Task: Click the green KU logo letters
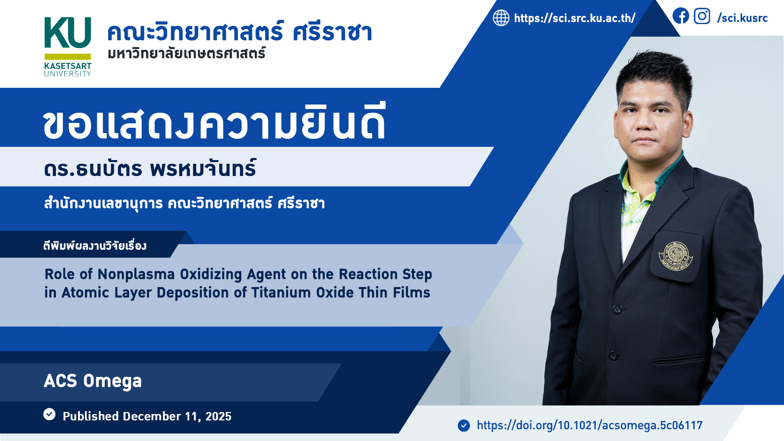pos(67,33)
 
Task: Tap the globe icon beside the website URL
pos(501,18)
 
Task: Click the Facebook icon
pos(681,16)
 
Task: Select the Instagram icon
pos(702,16)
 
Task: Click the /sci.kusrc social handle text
pos(742,18)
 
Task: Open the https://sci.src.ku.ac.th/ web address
pos(575,18)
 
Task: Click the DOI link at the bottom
pos(590,425)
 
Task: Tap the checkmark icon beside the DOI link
pos(464,425)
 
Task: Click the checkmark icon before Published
pos(49,414)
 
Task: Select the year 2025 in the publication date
pos(218,416)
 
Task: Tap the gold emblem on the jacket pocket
pos(676,256)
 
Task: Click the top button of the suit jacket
pos(617,309)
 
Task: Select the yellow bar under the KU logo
pos(68,57)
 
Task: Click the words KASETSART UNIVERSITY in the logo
pos(68,69)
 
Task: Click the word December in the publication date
pos(152,416)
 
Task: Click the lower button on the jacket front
pos(613,355)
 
